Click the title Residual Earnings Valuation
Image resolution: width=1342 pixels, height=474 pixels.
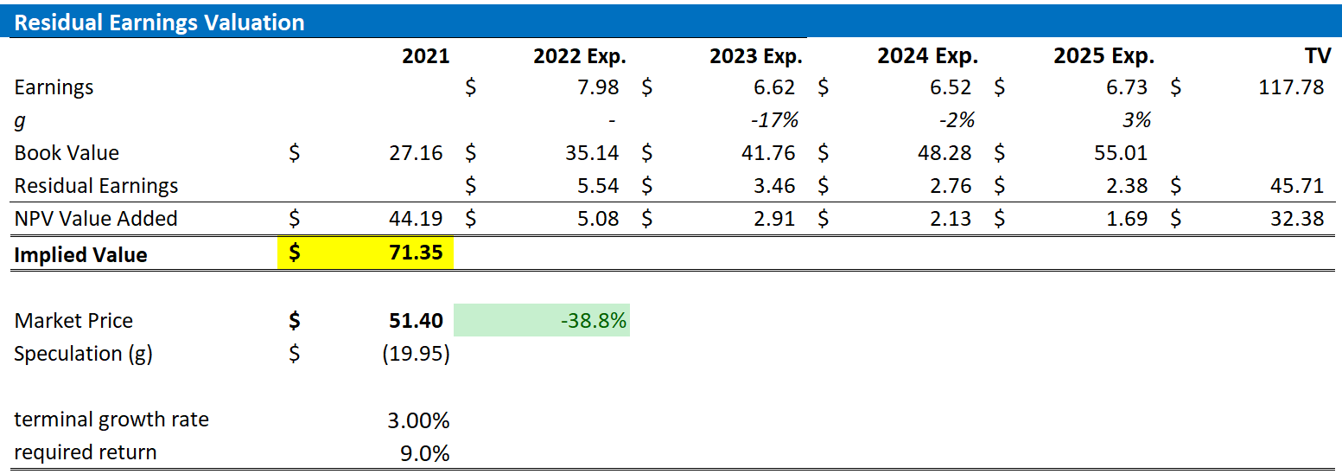(160, 22)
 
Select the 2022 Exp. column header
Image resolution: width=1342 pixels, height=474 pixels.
(579, 56)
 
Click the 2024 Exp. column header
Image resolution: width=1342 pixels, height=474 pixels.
(927, 56)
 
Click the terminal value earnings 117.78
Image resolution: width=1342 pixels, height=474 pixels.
(1291, 87)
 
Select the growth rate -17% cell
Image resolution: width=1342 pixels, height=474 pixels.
(774, 120)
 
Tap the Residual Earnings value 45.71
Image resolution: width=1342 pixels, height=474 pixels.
(1298, 186)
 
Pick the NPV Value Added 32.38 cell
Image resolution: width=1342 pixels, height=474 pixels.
(1298, 219)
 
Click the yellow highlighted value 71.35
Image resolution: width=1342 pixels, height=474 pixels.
(416, 254)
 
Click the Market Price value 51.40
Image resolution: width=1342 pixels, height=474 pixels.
(416, 321)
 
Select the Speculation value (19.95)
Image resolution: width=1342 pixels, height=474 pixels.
(416, 354)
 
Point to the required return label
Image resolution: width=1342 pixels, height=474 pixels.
(86, 452)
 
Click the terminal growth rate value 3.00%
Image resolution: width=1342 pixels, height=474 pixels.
(418, 420)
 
